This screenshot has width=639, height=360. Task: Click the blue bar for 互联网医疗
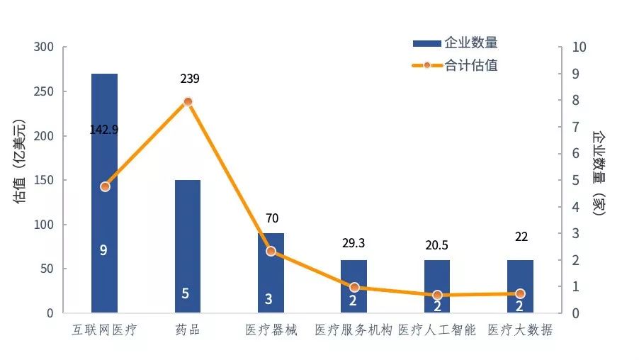coord(105,213)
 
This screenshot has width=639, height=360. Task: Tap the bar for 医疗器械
coord(271,273)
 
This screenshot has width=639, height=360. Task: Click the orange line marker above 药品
coord(188,101)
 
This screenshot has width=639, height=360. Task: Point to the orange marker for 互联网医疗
coord(105,186)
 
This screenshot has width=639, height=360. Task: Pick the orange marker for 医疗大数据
coord(520,293)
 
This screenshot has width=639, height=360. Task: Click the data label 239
coord(189,79)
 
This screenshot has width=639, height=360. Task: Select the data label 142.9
coord(104,130)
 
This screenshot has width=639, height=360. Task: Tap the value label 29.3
coord(353,243)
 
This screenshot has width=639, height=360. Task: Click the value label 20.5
coord(436,245)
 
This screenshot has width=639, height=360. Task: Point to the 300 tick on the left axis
coord(43,47)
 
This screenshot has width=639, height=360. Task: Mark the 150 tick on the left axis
coord(43,181)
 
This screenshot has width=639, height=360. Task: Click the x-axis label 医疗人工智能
coord(436,330)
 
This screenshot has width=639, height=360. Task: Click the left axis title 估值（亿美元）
coord(21,162)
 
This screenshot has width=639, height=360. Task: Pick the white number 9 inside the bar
coord(104,249)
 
